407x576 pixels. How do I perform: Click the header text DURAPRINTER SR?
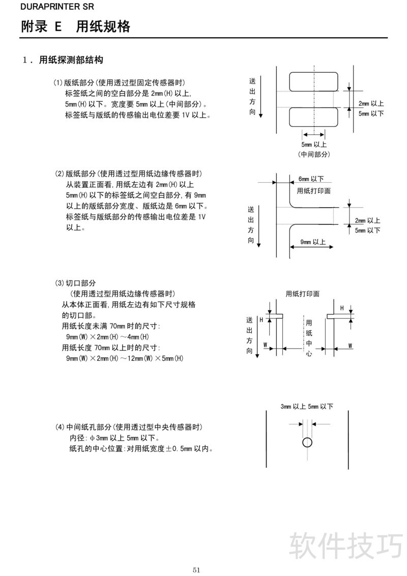click(x=50, y=7)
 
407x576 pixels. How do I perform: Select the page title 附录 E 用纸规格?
click(x=76, y=26)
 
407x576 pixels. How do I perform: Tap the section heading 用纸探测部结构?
click(x=71, y=60)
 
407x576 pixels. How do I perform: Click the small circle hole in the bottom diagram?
click(x=307, y=442)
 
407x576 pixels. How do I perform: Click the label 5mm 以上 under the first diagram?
click(x=314, y=145)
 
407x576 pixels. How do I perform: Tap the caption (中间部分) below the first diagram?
click(x=314, y=155)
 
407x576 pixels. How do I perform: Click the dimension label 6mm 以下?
click(x=311, y=179)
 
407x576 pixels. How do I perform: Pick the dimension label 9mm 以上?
click(x=313, y=242)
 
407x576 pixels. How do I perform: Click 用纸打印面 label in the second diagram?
click(x=313, y=191)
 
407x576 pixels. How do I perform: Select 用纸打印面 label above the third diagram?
click(x=303, y=294)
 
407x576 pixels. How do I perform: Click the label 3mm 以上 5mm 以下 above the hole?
click(x=307, y=407)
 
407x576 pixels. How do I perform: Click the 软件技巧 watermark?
click(x=346, y=545)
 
